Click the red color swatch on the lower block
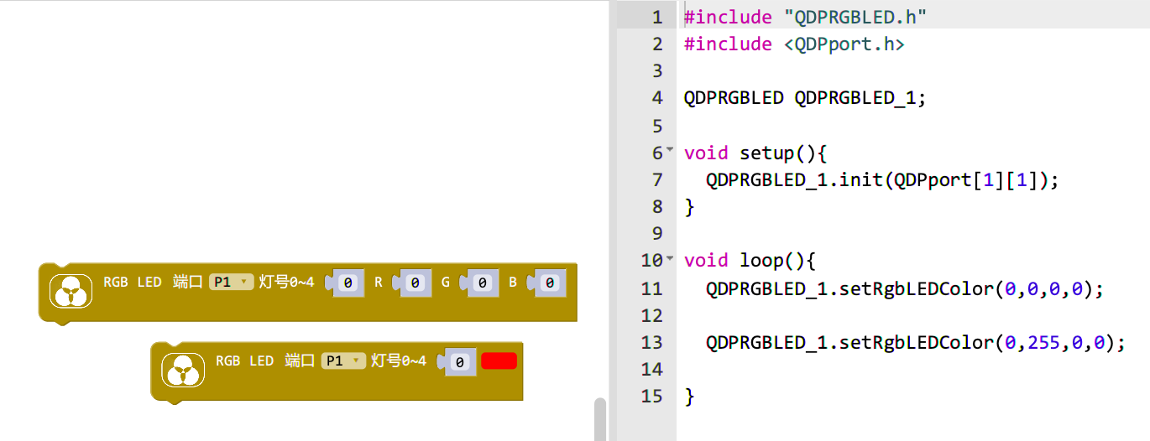[x=499, y=361]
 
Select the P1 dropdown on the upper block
[x=231, y=282]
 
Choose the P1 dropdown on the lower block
[x=343, y=361]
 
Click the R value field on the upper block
[x=415, y=283]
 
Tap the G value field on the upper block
[x=482, y=283]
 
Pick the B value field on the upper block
[x=549, y=283]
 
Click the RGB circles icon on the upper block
[x=71, y=291]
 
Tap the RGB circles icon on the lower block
[x=183, y=370]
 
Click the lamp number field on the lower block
[x=459, y=362]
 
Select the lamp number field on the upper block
[x=348, y=283]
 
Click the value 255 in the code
[x=1043, y=343]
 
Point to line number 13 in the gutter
[x=651, y=343]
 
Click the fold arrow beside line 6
[x=670, y=149]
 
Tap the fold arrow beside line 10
[x=670, y=258]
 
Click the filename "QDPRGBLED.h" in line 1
[x=855, y=18]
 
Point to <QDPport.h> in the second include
[x=844, y=44]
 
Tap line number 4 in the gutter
[x=657, y=98]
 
